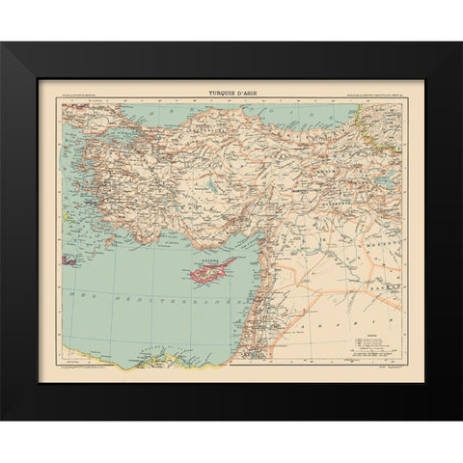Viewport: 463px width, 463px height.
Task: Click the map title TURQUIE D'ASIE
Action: point(231,92)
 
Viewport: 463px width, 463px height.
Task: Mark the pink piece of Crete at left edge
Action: point(69,259)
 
